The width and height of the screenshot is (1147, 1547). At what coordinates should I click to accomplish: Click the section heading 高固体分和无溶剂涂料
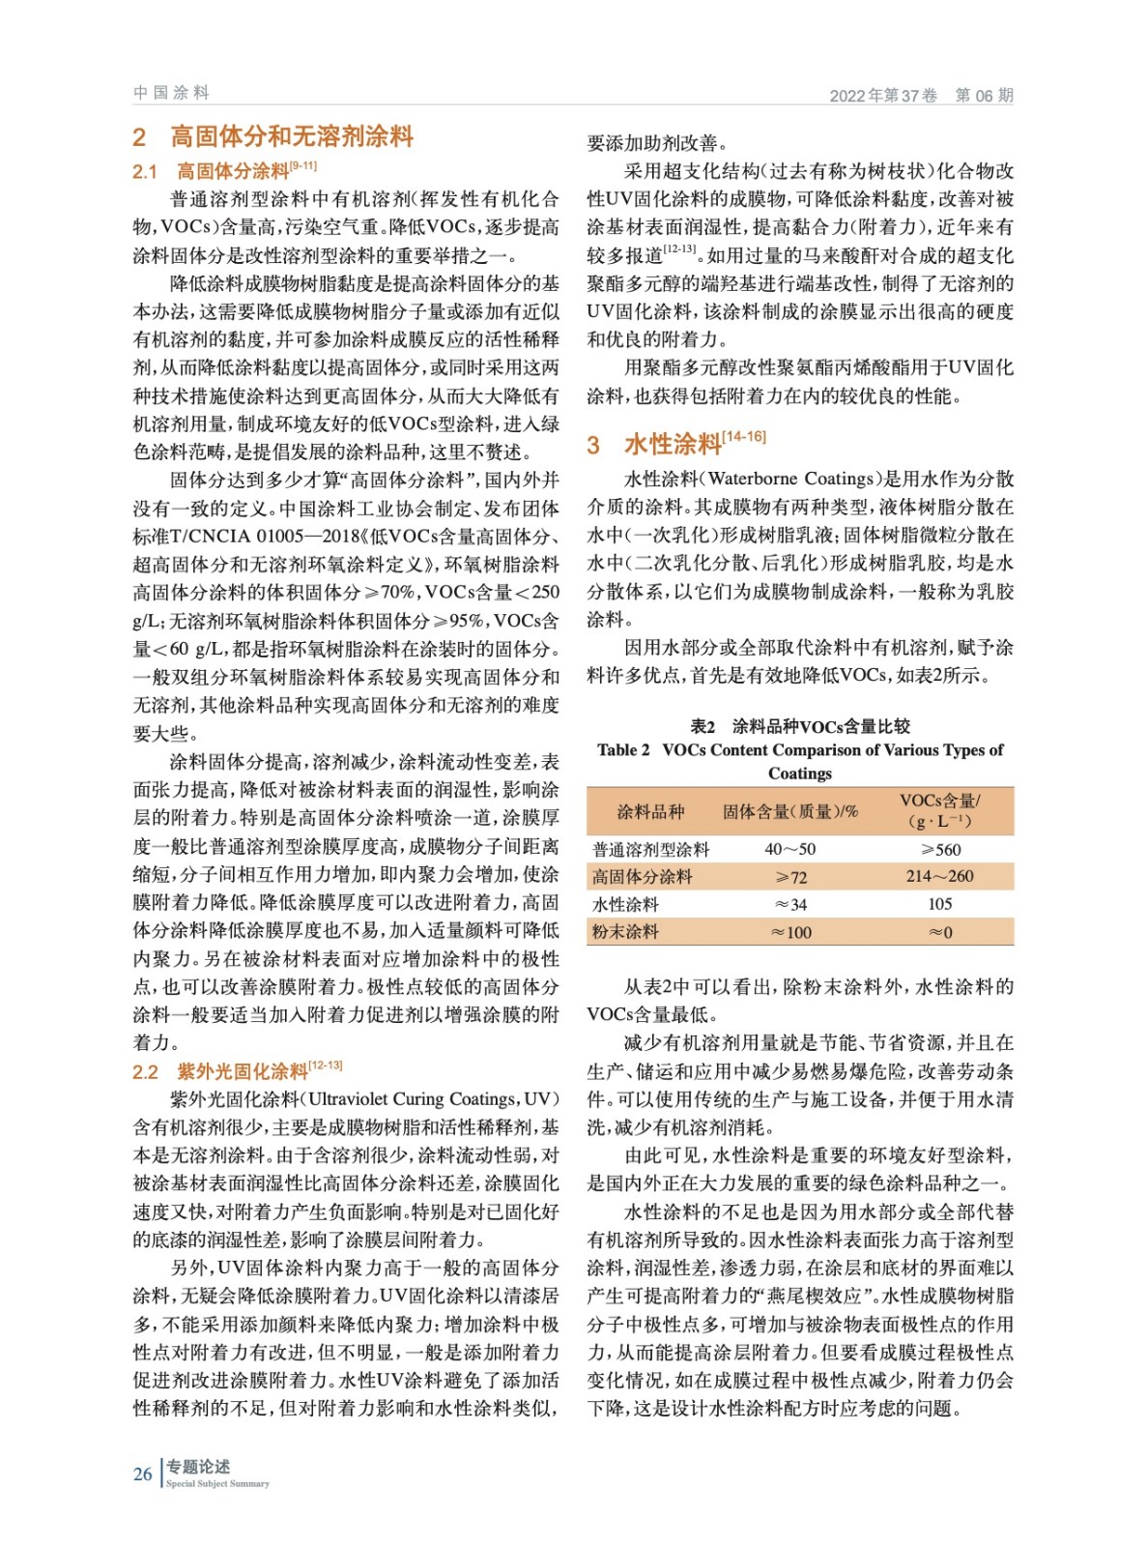coord(292,136)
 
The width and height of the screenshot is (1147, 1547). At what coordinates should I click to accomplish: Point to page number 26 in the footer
coord(143,1474)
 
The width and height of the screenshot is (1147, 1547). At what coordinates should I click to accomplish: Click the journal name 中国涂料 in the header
coord(171,93)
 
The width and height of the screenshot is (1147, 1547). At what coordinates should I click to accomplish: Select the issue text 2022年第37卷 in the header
coord(883,96)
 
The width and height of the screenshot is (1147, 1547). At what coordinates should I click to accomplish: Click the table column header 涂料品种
coord(650,811)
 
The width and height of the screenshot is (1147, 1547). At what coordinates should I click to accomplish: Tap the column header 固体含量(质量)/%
coord(790,811)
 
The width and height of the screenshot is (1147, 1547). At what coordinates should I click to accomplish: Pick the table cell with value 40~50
coord(790,849)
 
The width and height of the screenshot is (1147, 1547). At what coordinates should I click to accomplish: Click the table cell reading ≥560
coord(940,849)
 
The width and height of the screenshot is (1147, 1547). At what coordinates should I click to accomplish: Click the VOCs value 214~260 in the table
coord(940,876)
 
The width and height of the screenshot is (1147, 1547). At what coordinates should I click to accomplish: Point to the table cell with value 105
coord(940,904)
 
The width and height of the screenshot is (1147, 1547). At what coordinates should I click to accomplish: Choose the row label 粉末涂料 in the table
coord(625,932)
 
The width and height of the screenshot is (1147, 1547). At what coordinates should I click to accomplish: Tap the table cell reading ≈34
coord(790,905)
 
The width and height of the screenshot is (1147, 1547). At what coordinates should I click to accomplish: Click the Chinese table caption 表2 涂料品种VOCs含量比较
coord(800,726)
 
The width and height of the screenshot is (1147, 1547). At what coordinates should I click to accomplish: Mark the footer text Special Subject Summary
coord(217,1483)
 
